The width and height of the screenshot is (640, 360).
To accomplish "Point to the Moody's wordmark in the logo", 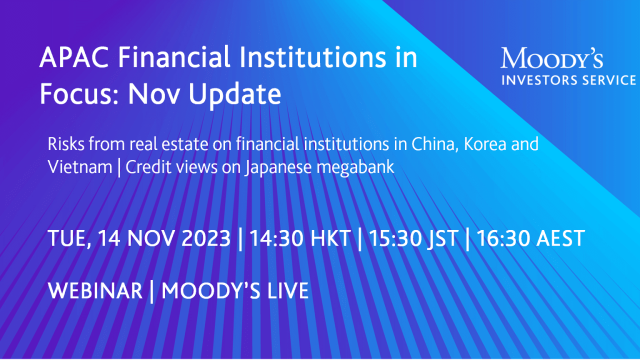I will pos(552,58).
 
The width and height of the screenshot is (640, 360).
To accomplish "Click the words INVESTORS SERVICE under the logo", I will pos(568,80).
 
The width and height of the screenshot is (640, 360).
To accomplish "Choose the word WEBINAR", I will pos(95,291).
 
